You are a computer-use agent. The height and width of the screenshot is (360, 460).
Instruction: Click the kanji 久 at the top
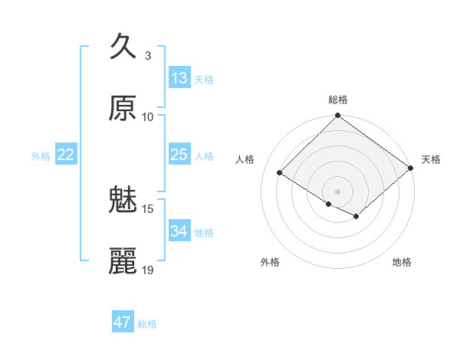tap(123, 47)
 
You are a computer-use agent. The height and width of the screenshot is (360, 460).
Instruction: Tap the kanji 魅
tap(123, 200)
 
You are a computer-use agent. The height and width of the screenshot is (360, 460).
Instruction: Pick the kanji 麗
tap(123, 261)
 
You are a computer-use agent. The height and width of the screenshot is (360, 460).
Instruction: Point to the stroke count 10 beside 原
tap(148, 117)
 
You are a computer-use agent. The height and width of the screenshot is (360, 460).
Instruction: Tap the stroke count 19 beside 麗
tap(148, 270)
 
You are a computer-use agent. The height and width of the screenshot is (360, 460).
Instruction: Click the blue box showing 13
tap(179, 78)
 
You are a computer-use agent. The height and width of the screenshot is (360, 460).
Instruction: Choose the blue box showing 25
tap(179, 155)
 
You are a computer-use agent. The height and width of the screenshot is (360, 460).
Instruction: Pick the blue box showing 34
tap(179, 231)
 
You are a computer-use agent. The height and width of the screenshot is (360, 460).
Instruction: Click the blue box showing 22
tap(66, 155)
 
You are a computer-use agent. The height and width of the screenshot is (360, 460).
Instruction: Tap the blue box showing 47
tap(122, 322)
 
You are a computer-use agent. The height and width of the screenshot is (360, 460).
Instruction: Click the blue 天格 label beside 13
tap(204, 80)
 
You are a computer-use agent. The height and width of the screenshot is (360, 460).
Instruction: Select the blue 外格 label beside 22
tap(41, 156)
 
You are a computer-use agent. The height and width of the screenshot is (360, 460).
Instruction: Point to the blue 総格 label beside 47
tap(147, 324)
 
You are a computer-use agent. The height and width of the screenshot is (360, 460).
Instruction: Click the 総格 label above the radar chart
tap(338, 100)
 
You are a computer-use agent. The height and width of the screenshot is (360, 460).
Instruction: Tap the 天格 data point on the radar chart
tap(411, 169)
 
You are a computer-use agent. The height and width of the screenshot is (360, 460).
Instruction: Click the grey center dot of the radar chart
tap(338, 191)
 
